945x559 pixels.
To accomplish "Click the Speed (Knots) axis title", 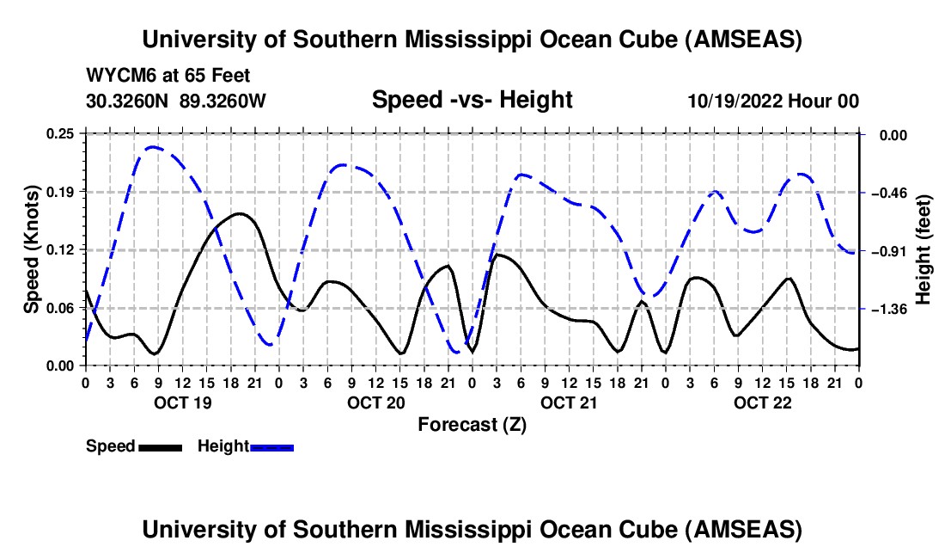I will click(x=31, y=249).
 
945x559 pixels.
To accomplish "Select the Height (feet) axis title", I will click(x=924, y=249).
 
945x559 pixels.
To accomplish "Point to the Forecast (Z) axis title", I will click(x=472, y=424).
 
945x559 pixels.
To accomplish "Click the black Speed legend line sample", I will click(x=160, y=446).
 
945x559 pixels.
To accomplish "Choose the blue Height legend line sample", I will click(x=271, y=446).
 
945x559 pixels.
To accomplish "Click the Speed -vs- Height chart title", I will click(x=472, y=100).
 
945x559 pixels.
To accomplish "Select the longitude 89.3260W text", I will click(x=223, y=101).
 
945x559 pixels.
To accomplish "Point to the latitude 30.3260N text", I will click(x=128, y=101).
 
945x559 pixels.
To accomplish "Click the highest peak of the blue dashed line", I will click(x=153, y=147).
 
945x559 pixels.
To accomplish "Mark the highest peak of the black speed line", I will click(x=239, y=213).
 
